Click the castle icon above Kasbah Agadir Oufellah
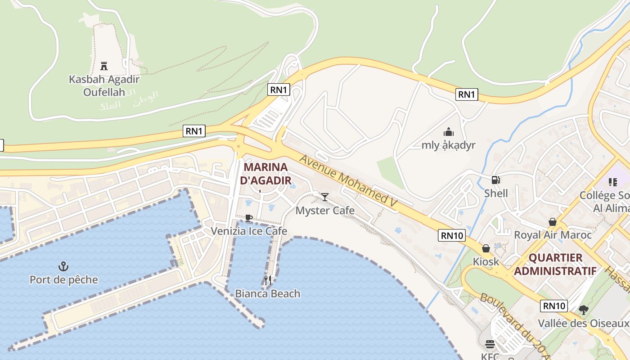(x=104, y=66)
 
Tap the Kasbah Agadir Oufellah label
(x=104, y=86)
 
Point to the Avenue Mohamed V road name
(x=348, y=181)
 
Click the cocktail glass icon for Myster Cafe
(x=325, y=197)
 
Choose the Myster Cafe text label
(x=325, y=211)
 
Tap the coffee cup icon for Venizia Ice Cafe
(x=249, y=218)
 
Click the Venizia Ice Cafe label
(x=249, y=231)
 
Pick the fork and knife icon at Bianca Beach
(x=268, y=280)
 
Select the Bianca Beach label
(x=268, y=294)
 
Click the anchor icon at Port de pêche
(x=63, y=266)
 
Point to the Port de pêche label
(x=63, y=280)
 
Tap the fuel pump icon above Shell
(x=496, y=180)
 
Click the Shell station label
(x=496, y=193)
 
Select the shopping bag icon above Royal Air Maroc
(x=553, y=222)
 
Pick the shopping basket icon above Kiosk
(x=486, y=248)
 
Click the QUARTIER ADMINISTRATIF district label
(x=555, y=264)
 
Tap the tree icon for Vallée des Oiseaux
(x=584, y=310)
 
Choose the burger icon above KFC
(x=490, y=344)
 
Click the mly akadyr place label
(x=448, y=145)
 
